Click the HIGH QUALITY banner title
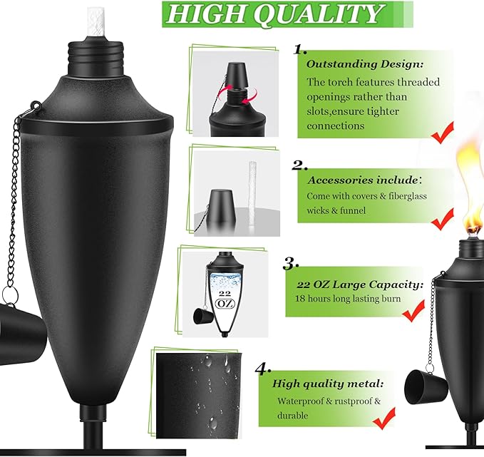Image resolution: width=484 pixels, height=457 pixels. click(x=274, y=14)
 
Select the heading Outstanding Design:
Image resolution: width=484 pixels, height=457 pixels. click(x=364, y=64)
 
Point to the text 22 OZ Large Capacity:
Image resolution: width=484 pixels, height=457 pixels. click(x=360, y=284)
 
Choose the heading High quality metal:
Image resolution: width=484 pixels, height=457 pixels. click(x=328, y=384)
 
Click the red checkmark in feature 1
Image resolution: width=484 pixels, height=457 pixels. click(x=443, y=133)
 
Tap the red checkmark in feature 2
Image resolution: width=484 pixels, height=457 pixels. click(x=443, y=219)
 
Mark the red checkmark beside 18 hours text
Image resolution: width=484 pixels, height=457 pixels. click(x=413, y=312)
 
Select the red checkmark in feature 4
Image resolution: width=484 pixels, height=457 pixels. click(x=384, y=419)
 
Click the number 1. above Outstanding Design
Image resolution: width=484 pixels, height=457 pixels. click(x=299, y=49)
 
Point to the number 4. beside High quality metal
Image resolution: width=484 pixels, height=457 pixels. click(x=263, y=369)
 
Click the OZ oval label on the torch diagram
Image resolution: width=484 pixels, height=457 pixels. click(x=225, y=304)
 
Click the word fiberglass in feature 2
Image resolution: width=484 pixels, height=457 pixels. click(x=408, y=196)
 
